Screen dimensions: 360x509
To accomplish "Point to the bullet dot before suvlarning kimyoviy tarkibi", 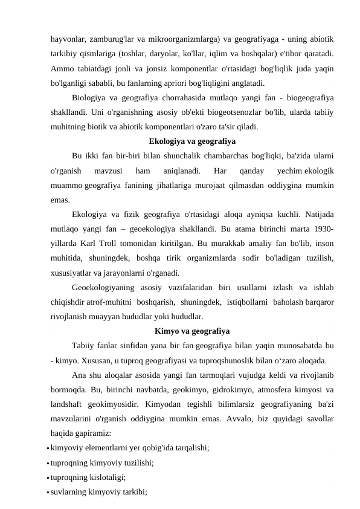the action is [x=47, y=492].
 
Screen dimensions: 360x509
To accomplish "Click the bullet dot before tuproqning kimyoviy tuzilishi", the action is [x=47, y=463].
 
